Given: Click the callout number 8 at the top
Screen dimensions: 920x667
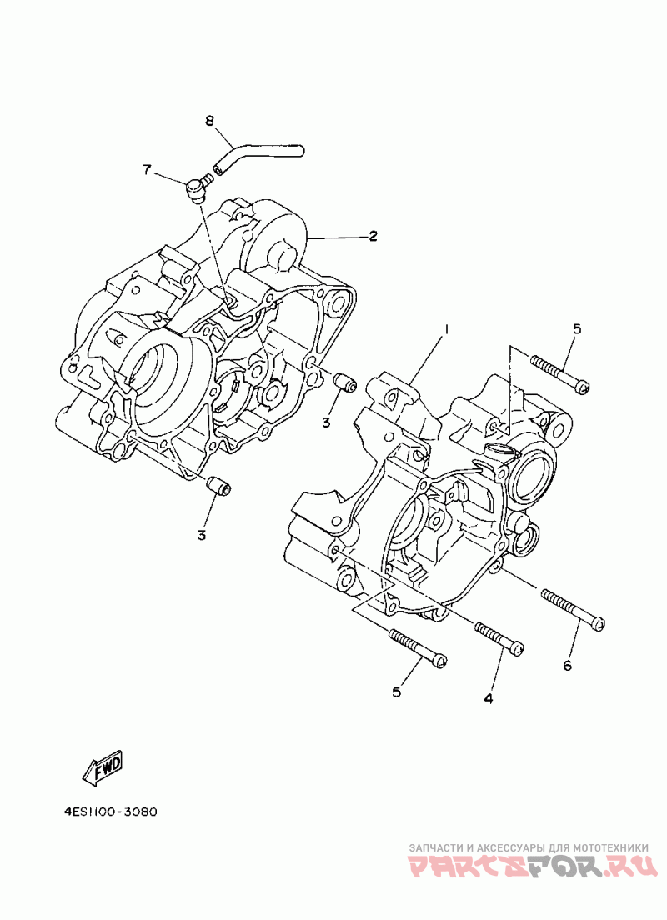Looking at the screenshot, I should [x=210, y=121].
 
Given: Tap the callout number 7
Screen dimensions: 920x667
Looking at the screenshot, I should [x=147, y=170].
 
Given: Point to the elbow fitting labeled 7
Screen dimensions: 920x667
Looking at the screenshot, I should [x=197, y=187].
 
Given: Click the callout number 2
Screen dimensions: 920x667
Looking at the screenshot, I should [x=373, y=236].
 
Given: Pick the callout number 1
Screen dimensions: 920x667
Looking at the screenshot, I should [x=446, y=330].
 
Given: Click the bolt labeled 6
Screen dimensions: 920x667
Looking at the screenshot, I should [x=574, y=610].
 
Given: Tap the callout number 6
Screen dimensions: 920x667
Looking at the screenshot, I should [x=568, y=665].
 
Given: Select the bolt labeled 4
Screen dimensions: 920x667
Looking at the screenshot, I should [x=499, y=637].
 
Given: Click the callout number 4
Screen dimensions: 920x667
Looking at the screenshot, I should [x=489, y=698].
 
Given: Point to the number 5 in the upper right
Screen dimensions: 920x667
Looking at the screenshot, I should [x=576, y=329].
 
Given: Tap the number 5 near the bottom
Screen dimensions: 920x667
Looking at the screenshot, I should [x=397, y=692].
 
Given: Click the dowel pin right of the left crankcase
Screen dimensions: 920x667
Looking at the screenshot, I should [x=344, y=383].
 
